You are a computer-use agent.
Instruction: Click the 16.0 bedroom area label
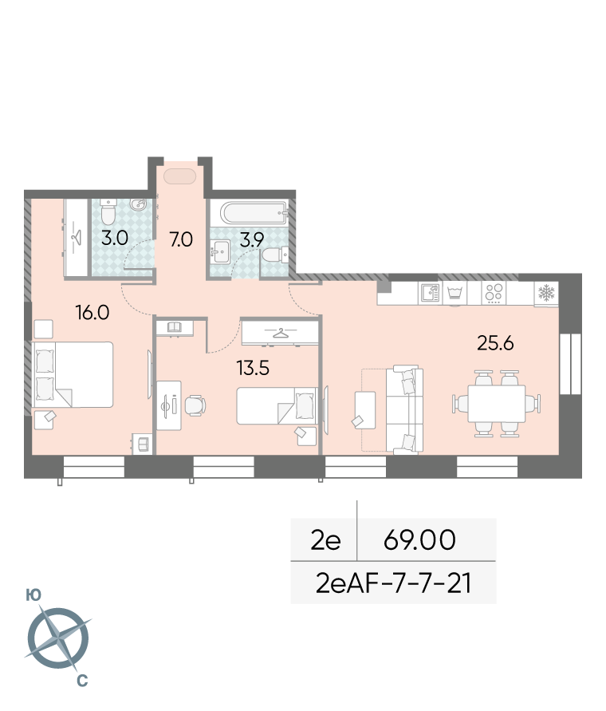click(92, 313)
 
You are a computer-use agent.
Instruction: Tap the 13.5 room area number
click(253, 368)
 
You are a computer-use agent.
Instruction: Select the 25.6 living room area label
click(495, 343)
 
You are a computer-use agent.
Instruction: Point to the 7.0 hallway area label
click(181, 239)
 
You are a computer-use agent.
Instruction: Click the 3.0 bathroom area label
click(115, 238)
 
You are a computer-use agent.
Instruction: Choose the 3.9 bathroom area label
click(251, 239)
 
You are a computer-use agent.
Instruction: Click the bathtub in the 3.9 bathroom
click(254, 213)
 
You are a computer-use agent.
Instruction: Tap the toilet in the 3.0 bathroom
click(108, 211)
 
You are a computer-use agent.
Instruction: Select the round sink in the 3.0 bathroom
click(139, 204)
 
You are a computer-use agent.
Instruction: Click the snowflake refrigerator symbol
click(546, 293)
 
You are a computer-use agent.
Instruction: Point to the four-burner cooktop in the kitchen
click(494, 293)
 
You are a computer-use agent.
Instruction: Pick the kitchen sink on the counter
click(430, 293)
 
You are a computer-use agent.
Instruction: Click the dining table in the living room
click(496, 404)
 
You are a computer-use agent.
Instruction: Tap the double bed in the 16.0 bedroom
click(73, 374)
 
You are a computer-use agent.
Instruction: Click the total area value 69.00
click(419, 539)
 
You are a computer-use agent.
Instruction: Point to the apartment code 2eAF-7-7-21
click(393, 583)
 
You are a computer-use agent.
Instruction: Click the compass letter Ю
click(33, 594)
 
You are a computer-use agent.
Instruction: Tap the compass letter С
click(82, 681)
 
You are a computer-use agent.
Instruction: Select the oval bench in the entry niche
click(180, 176)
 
